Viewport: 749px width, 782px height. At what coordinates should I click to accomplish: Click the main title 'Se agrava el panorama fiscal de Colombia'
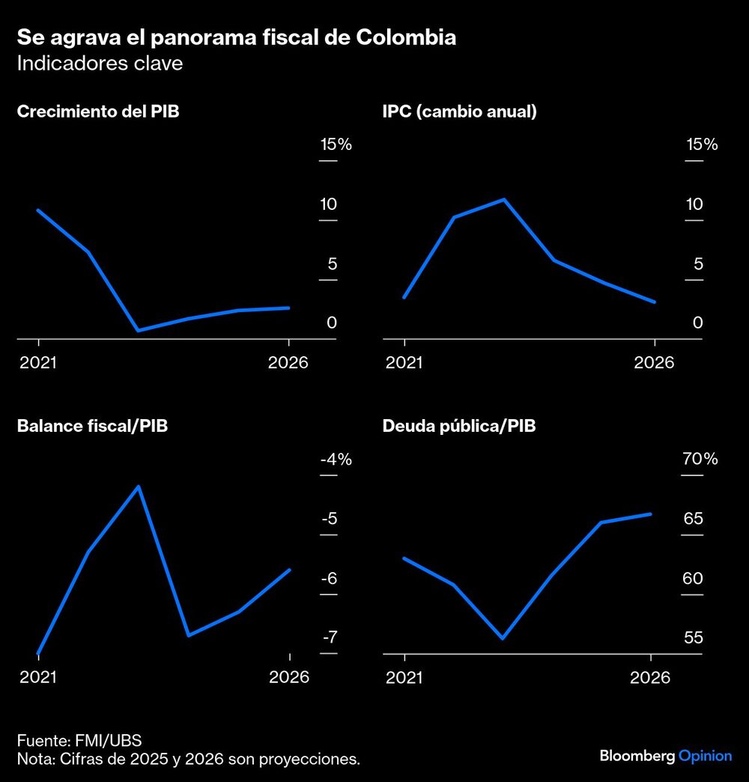click(x=236, y=37)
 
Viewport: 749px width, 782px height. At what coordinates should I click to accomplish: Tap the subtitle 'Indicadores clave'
click(x=100, y=63)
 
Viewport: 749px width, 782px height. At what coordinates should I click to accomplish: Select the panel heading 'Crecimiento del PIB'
click(x=97, y=112)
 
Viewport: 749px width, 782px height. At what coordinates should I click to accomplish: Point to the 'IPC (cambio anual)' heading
click(x=459, y=112)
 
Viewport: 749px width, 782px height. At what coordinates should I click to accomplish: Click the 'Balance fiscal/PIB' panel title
click(x=91, y=427)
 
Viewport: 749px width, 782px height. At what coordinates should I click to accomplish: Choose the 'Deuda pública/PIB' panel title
click(x=458, y=427)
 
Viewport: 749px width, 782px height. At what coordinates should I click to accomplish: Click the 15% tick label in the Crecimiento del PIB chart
click(x=336, y=145)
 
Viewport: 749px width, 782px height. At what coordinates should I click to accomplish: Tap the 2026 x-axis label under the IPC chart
click(x=654, y=363)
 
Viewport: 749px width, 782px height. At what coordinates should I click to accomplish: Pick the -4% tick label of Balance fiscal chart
click(x=336, y=460)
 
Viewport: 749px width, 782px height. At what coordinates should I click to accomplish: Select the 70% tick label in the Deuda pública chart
click(x=700, y=459)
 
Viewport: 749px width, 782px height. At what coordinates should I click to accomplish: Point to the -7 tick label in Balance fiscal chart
click(x=330, y=637)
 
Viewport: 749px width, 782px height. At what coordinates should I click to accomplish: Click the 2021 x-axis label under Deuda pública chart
click(x=404, y=677)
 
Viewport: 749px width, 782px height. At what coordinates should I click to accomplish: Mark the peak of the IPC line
click(x=504, y=199)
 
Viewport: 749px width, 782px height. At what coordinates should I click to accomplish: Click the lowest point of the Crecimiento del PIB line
click(x=138, y=330)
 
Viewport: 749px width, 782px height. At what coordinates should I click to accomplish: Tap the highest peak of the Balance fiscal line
click(x=138, y=487)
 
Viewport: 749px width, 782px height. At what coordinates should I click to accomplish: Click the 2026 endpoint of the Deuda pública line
click(x=650, y=514)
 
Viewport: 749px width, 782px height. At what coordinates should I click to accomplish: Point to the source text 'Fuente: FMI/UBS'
click(x=79, y=742)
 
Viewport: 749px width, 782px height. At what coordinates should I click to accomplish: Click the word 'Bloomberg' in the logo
click(x=637, y=756)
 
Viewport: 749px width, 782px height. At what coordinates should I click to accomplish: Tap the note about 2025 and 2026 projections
click(x=188, y=760)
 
